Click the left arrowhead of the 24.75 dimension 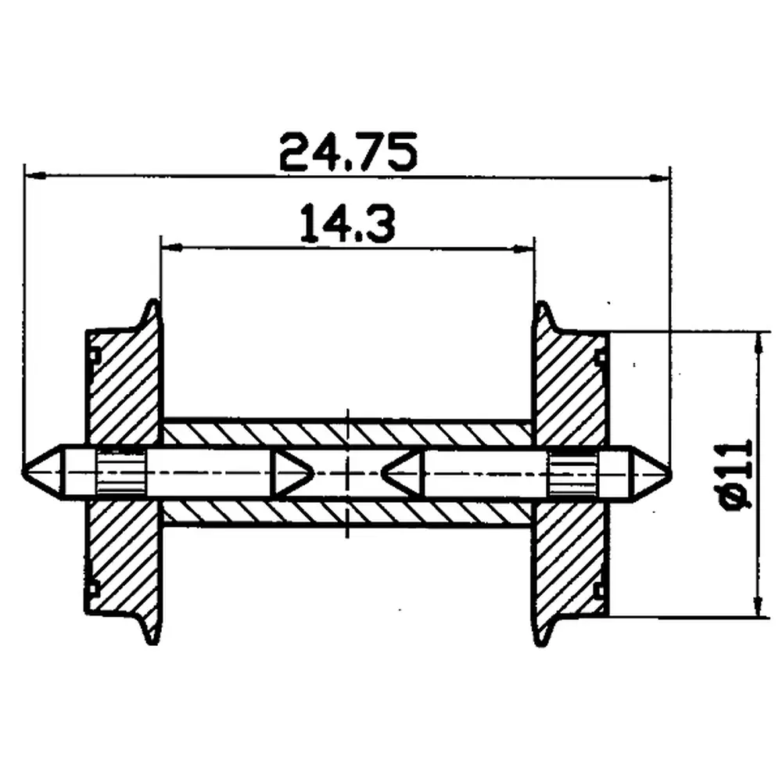point(32,175)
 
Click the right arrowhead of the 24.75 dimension point(664,178)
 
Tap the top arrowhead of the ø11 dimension point(756,339)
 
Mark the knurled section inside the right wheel point(571,473)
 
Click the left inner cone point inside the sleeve point(306,472)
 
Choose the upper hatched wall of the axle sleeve point(347,433)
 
